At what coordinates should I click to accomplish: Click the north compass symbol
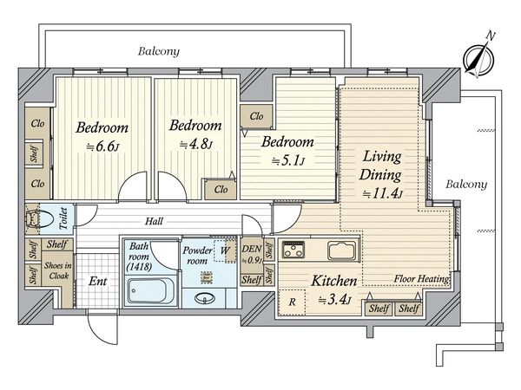[x=479, y=59]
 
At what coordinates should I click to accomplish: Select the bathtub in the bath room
[x=151, y=291]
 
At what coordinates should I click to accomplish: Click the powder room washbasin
[x=204, y=298]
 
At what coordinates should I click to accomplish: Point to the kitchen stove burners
[x=293, y=250]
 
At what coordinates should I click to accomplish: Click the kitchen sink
[x=343, y=250]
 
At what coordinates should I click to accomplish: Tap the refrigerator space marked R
[x=292, y=302]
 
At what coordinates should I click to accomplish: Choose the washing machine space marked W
[x=225, y=250]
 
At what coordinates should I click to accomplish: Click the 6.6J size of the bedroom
[x=102, y=146]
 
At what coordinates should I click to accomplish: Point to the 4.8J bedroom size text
[x=196, y=144]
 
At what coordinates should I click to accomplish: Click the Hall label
[x=154, y=221]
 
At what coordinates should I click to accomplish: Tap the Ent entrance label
[x=97, y=281]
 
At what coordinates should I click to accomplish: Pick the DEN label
[x=252, y=249]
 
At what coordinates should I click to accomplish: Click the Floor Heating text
[x=421, y=279]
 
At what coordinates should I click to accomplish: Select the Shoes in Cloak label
[x=58, y=270]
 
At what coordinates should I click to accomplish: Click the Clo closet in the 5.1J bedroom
[x=256, y=116]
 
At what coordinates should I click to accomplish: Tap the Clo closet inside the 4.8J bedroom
[x=221, y=189]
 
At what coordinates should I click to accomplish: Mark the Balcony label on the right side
[x=466, y=185]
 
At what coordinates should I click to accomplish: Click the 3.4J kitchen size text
[x=335, y=301]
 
